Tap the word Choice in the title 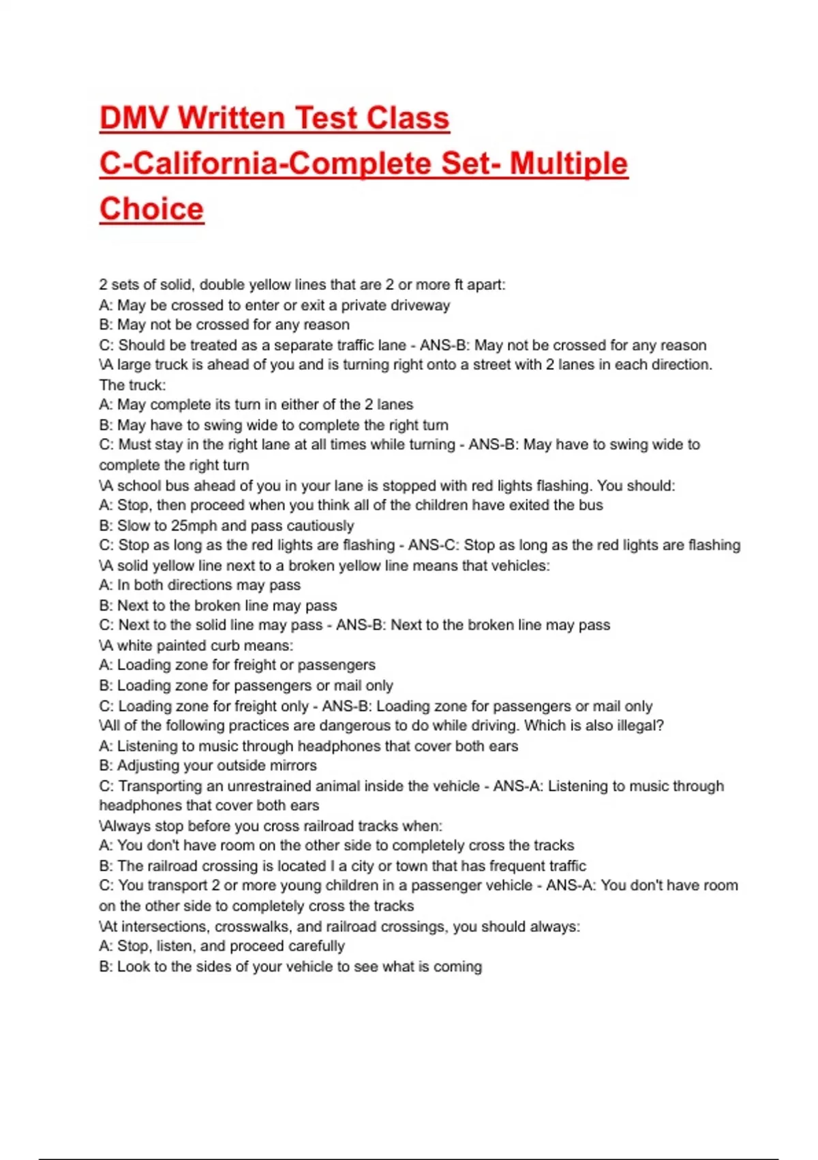tap(151, 209)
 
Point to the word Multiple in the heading tap(569, 164)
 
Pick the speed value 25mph tap(194, 525)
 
